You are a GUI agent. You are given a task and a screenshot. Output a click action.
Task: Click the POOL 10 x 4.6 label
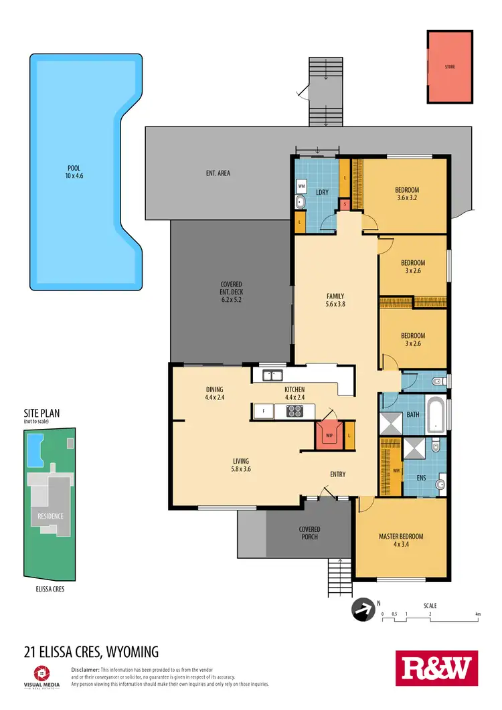click(74, 171)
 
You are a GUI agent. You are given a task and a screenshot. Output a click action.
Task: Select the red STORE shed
click(450, 66)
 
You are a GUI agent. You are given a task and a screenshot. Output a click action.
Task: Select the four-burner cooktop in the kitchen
click(295, 411)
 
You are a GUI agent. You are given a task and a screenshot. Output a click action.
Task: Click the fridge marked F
click(264, 411)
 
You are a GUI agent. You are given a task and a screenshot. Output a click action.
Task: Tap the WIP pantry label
click(329, 435)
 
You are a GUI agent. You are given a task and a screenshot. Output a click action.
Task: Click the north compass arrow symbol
click(361, 609)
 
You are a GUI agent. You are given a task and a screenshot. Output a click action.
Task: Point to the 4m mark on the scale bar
click(477, 614)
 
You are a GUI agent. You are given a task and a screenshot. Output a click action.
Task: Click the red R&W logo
click(436, 668)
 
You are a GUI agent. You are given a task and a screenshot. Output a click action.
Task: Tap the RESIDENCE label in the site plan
click(50, 516)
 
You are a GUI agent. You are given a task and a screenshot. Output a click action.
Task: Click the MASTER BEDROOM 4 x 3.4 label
click(401, 540)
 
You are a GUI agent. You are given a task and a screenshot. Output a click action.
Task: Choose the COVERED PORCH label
click(309, 533)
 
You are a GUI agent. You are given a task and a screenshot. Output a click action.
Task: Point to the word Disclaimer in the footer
click(85, 669)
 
